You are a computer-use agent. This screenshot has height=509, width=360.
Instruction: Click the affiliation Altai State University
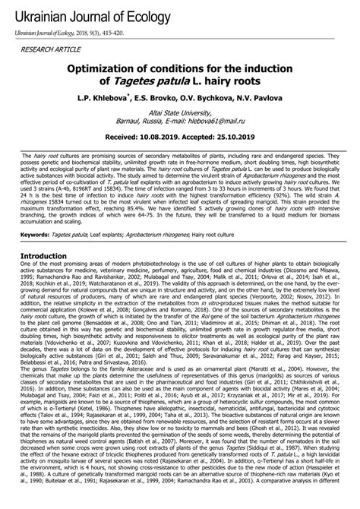coord(180,112)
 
